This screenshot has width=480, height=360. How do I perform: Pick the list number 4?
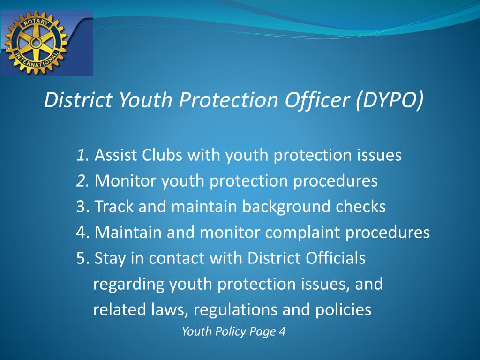click(x=82, y=232)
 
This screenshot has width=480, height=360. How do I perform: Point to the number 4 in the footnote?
click(x=282, y=332)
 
